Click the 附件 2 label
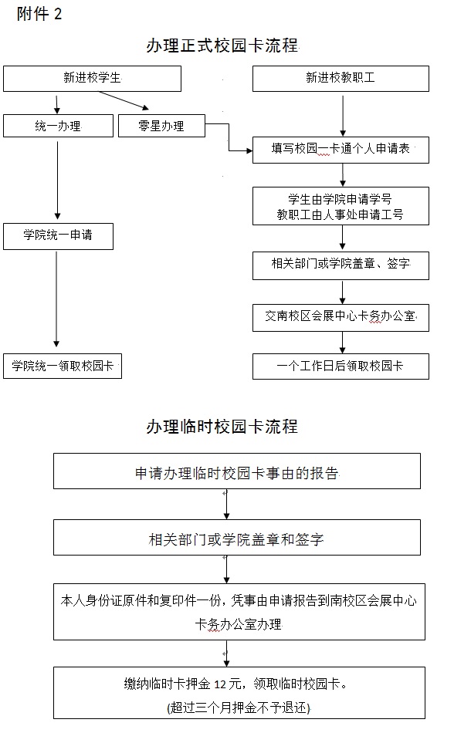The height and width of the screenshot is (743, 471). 39,14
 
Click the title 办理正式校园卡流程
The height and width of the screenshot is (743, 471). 222,46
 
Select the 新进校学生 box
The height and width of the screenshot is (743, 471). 92,78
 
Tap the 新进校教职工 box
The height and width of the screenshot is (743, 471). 341,78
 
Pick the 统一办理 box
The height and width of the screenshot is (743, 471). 59,126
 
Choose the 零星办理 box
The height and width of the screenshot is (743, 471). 161,126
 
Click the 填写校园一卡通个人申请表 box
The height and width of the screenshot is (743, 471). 341,150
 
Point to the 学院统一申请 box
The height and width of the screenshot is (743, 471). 59,236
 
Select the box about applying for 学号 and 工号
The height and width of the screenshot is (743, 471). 341,206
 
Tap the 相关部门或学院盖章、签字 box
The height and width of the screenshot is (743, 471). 341,265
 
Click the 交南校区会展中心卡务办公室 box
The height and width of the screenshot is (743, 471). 341,317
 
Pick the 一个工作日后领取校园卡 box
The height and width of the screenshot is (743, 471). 341,366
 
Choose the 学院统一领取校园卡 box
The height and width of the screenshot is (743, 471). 63,366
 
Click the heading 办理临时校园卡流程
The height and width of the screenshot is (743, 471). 222,427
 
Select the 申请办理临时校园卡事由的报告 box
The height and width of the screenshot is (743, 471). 237,471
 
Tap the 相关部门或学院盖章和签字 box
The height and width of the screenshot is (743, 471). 237,537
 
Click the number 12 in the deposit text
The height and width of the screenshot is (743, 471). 220,684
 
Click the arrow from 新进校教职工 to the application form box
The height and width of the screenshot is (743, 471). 343,116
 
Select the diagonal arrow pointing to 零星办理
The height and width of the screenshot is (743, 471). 124,100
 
